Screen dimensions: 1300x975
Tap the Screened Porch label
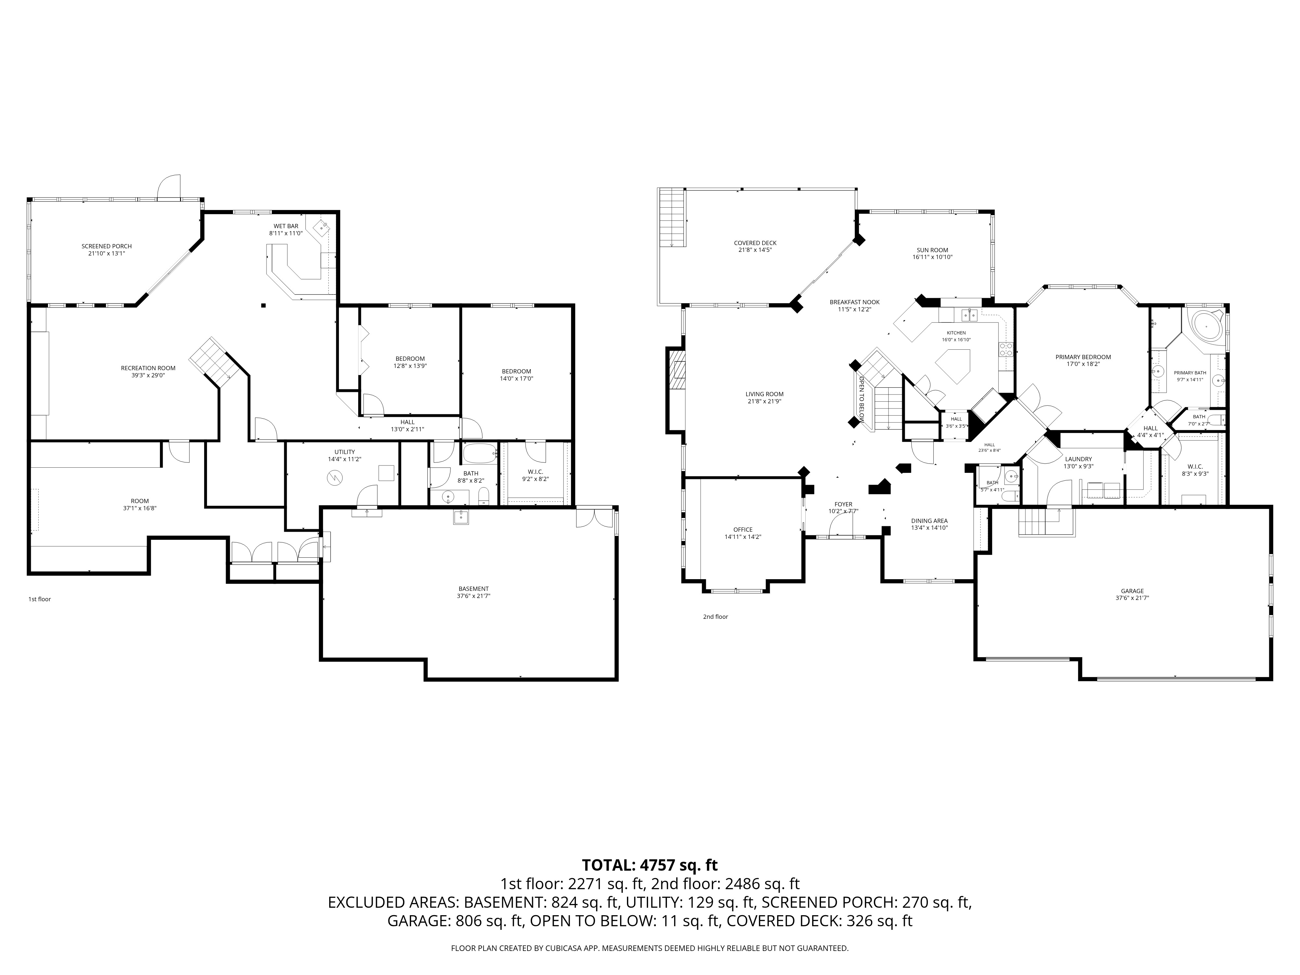tap(106, 246)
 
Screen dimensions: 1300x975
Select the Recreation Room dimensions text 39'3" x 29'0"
tap(148, 375)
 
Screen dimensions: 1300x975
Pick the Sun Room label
tap(932, 250)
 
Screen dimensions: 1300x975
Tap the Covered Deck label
tap(755, 243)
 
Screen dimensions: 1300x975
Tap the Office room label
tap(743, 529)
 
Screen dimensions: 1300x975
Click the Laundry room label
tap(1078, 459)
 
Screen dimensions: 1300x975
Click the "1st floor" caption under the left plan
tap(40, 599)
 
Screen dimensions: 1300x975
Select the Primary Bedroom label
tap(1083, 357)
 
